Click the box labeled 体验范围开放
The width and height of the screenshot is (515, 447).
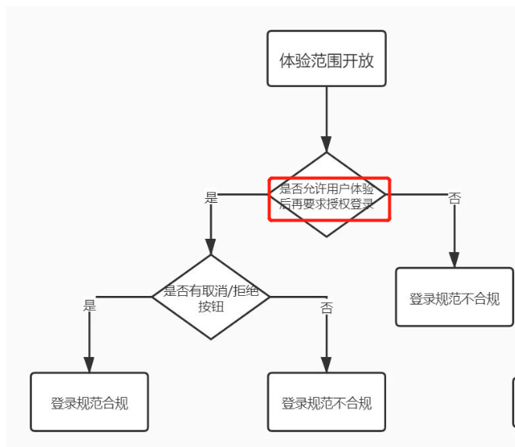click(x=327, y=59)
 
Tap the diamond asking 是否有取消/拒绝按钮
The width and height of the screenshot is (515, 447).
click(x=211, y=297)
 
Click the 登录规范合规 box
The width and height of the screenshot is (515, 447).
click(x=89, y=402)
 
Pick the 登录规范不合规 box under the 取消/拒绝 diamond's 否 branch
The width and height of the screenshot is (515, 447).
click(x=327, y=402)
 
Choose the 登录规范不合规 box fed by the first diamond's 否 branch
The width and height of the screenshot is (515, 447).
click(x=454, y=297)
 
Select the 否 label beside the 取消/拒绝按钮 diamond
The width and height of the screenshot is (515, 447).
click(x=327, y=308)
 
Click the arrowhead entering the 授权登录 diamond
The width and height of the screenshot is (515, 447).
click(x=327, y=144)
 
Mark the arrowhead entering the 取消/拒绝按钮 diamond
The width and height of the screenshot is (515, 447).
click(x=211, y=247)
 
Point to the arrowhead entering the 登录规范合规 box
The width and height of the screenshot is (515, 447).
click(x=89, y=364)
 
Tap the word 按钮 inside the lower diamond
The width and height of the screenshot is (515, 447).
click(x=211, y=306)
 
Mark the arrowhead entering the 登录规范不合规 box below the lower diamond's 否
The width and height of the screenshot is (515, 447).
click(x=327, y=364)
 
